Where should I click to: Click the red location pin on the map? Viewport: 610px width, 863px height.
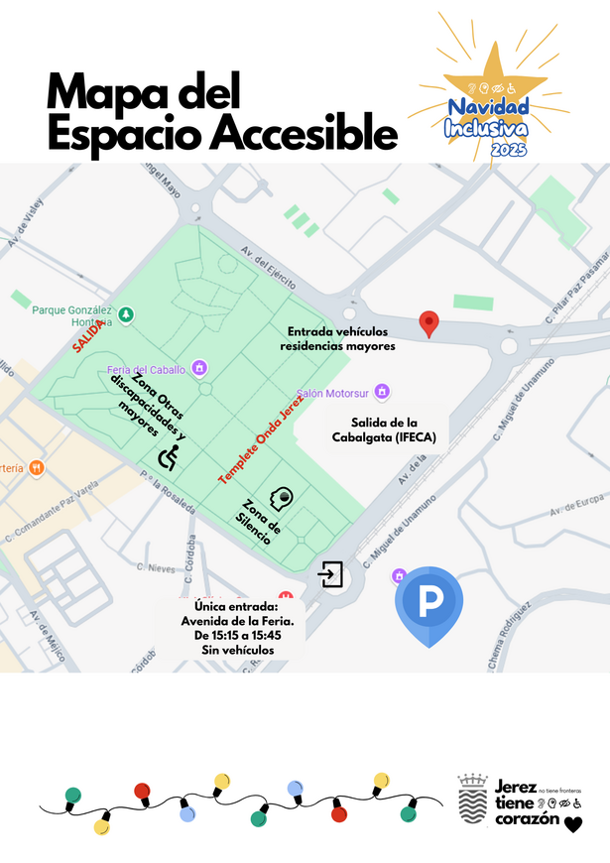428,323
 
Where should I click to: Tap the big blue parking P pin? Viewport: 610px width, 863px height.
431,602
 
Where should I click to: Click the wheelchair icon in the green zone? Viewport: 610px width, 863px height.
170,456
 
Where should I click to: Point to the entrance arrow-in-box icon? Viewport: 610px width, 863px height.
330,574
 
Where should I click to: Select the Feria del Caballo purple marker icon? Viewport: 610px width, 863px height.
199,369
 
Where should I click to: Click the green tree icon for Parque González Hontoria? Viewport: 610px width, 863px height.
126,314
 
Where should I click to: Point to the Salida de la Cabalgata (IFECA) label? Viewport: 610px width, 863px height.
387,429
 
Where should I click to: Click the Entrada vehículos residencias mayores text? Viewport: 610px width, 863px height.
338,338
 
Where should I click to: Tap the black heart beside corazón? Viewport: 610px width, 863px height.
573,823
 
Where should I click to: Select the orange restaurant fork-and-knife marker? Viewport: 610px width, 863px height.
36,467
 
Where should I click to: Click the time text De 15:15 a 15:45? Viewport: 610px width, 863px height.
237,635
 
